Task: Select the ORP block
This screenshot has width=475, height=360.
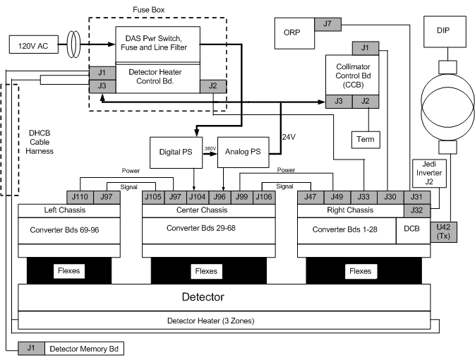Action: coord(291,32)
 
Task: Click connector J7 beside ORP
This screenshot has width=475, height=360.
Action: coord(327,24)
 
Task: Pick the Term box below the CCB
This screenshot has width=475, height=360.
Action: coord(366,139)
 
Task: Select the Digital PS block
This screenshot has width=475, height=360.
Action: coord(175,151)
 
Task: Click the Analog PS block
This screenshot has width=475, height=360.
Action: coord(243,151)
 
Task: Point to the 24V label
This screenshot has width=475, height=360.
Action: coord(290,136)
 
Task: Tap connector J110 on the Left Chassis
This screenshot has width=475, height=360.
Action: coord(80,197)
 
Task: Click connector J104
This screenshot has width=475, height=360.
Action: coord(198,197)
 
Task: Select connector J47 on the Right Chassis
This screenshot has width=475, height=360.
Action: coord(310,197)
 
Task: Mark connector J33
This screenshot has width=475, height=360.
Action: coord(363,197)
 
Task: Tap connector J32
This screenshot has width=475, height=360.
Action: coord(416,210)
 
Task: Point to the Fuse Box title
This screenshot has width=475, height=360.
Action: coord(148,10)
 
